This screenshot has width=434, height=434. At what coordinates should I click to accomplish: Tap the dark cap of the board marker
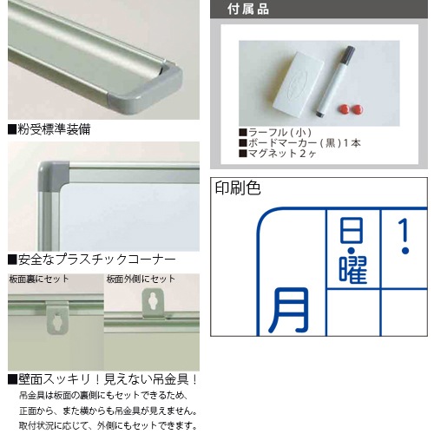[350, 54]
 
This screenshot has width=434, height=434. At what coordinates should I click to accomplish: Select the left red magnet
[343, 110]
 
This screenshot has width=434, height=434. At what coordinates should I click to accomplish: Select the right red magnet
[356, 109]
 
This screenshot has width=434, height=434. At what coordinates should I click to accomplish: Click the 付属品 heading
[248, 9]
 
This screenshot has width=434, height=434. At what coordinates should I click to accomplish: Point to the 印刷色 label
[238, 188]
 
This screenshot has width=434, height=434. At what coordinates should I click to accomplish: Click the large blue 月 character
[289, 310]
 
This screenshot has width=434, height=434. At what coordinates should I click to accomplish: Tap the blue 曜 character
[353, 269]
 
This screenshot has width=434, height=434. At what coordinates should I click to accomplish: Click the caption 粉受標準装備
[49, 129]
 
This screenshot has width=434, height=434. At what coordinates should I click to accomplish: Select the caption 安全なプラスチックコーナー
[92, 260]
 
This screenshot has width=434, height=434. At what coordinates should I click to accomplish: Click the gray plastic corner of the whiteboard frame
[53, 177]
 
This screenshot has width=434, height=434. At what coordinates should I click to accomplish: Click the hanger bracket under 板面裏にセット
[58, 319]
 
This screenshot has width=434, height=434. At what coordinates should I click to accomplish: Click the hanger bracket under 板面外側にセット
[153, 304]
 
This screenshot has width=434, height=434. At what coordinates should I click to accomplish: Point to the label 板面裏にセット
[39, 279]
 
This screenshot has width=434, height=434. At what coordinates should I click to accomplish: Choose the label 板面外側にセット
[141, 279]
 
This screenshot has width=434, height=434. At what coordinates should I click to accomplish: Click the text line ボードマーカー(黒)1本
[299, 143]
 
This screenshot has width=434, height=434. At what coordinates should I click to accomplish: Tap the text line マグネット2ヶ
[278, 154]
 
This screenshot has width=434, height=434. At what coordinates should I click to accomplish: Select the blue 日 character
[352, 231]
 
